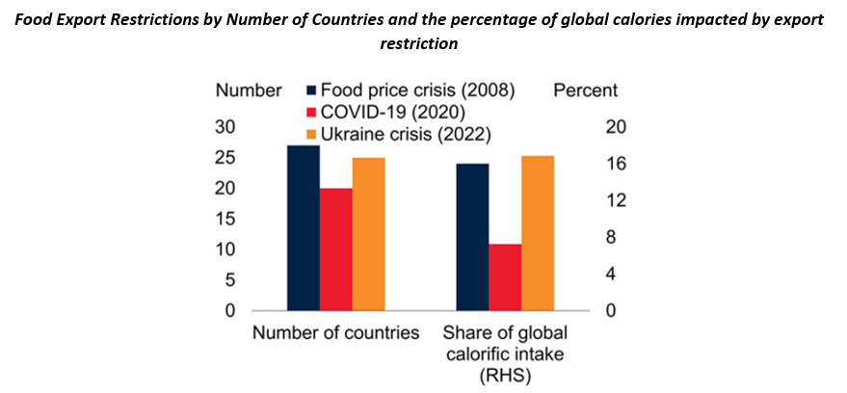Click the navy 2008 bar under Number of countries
coord(304,228)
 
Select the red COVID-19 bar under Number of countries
coord(336,249)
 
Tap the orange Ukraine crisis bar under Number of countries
coord(369,234)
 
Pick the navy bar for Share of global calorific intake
coord(472,237)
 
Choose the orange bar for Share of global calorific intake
coord(538,233)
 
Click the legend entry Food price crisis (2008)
coord(418,91)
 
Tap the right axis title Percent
coord(586,91)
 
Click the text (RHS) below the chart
coord(505,376)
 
